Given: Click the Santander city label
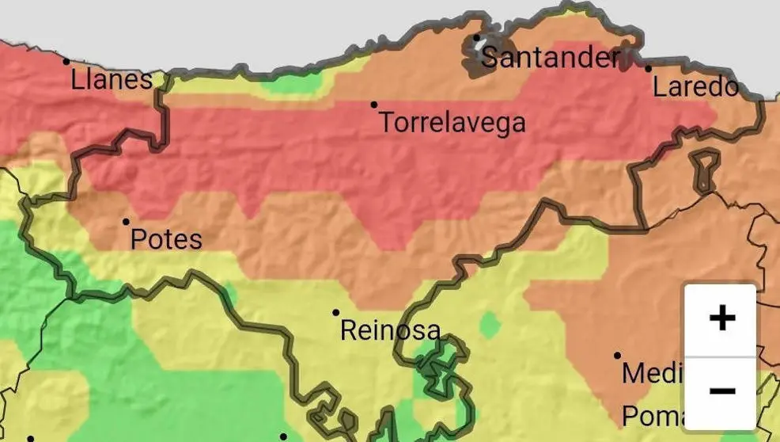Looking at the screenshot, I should coord(550,57).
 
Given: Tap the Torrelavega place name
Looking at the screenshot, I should coord(452,123).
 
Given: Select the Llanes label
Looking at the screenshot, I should coord(112,79).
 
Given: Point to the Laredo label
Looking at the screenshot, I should coord(695,86).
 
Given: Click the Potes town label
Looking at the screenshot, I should coord(166,239).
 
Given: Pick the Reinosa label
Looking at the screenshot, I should coord(389,330).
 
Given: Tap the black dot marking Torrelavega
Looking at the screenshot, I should coord(374,105).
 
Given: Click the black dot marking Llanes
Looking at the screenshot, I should coord(66,61).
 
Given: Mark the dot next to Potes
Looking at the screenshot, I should coord(126,222).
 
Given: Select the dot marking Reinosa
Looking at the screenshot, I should coord(335,313).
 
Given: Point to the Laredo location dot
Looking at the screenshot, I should coord(648,68).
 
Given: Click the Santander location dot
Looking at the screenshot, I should coord(476,38).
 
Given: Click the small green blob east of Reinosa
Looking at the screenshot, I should coord(490,324).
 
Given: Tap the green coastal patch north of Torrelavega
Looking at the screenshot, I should coord(293,82).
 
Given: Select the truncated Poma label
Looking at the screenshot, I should coord(651,416).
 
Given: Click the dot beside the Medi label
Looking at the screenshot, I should coord(618,356).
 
